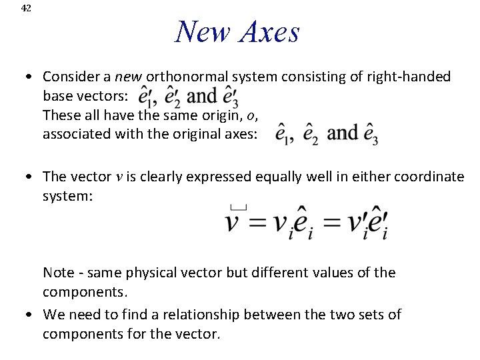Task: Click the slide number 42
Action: point(26,8)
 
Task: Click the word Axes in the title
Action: point(266,31)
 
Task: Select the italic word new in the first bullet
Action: point(130,77)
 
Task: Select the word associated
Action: point(73,133)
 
